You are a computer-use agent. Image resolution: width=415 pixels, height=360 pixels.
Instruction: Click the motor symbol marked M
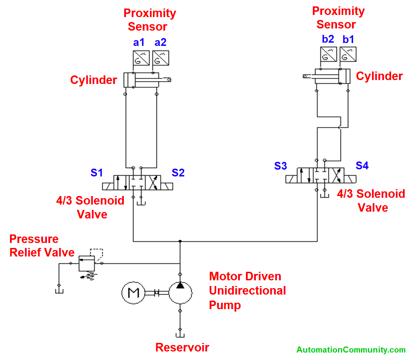[133, 293]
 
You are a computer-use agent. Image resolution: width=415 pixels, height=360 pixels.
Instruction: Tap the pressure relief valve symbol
[87, 263]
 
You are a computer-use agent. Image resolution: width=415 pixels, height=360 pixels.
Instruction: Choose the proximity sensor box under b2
[329, 54]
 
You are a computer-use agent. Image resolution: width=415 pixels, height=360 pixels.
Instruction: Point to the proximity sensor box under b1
[348, 54]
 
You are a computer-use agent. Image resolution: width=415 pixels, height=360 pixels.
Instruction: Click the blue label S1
[96, 173]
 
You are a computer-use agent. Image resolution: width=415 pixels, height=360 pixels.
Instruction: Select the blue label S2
[178, 173]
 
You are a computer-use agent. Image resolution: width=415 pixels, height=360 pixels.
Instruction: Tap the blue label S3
[280, 166]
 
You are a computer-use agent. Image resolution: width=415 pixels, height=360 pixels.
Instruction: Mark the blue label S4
[362, 166]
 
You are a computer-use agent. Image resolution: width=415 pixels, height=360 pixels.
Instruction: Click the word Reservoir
[182, 348]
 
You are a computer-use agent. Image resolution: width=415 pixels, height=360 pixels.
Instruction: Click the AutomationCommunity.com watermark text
[351, 350]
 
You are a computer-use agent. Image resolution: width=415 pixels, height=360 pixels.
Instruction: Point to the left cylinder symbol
[142, 80]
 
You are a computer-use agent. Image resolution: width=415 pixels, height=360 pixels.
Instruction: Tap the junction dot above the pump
[180, 241]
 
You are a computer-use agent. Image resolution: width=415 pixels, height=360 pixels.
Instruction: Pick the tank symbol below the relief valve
[59, 290]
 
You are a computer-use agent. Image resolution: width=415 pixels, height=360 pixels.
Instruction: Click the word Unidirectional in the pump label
[247, 291]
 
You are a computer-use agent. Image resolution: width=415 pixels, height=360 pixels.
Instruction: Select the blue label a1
[139, 42]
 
